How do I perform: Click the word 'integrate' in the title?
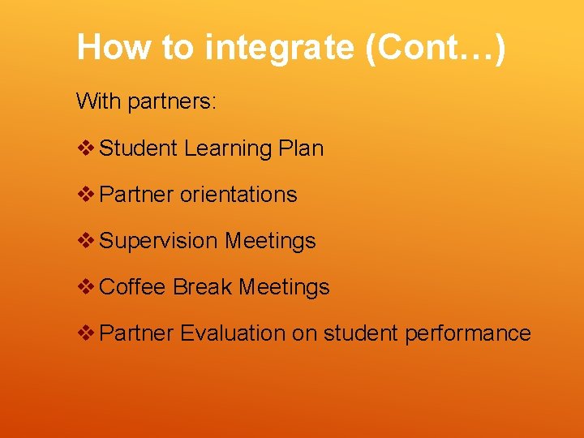click(x=280, y=48)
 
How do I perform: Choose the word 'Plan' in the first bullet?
click(x=301, y=148)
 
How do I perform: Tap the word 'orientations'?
click(x=238, y=195)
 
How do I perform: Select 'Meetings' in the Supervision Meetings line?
click(x=270, y=242)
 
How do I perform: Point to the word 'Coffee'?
click(x=133, y=287)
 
